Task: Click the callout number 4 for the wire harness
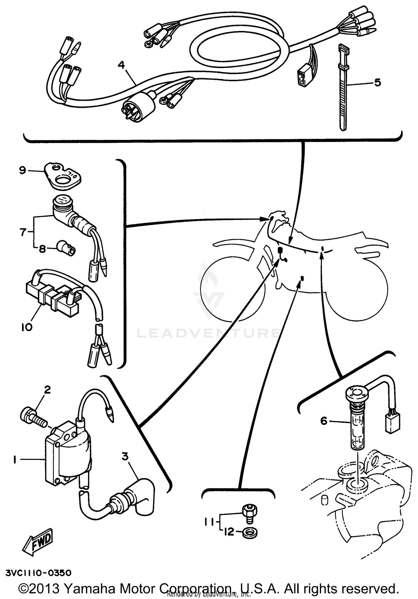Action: tap(121, 65)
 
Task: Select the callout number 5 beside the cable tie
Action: tap(377, 83)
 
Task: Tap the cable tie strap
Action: tap(343, 92)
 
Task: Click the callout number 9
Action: tap(23, 170)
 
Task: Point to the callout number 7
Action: tap(23, 232)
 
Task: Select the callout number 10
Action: tap(27, 327)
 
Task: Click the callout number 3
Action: tap(125, 457)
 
